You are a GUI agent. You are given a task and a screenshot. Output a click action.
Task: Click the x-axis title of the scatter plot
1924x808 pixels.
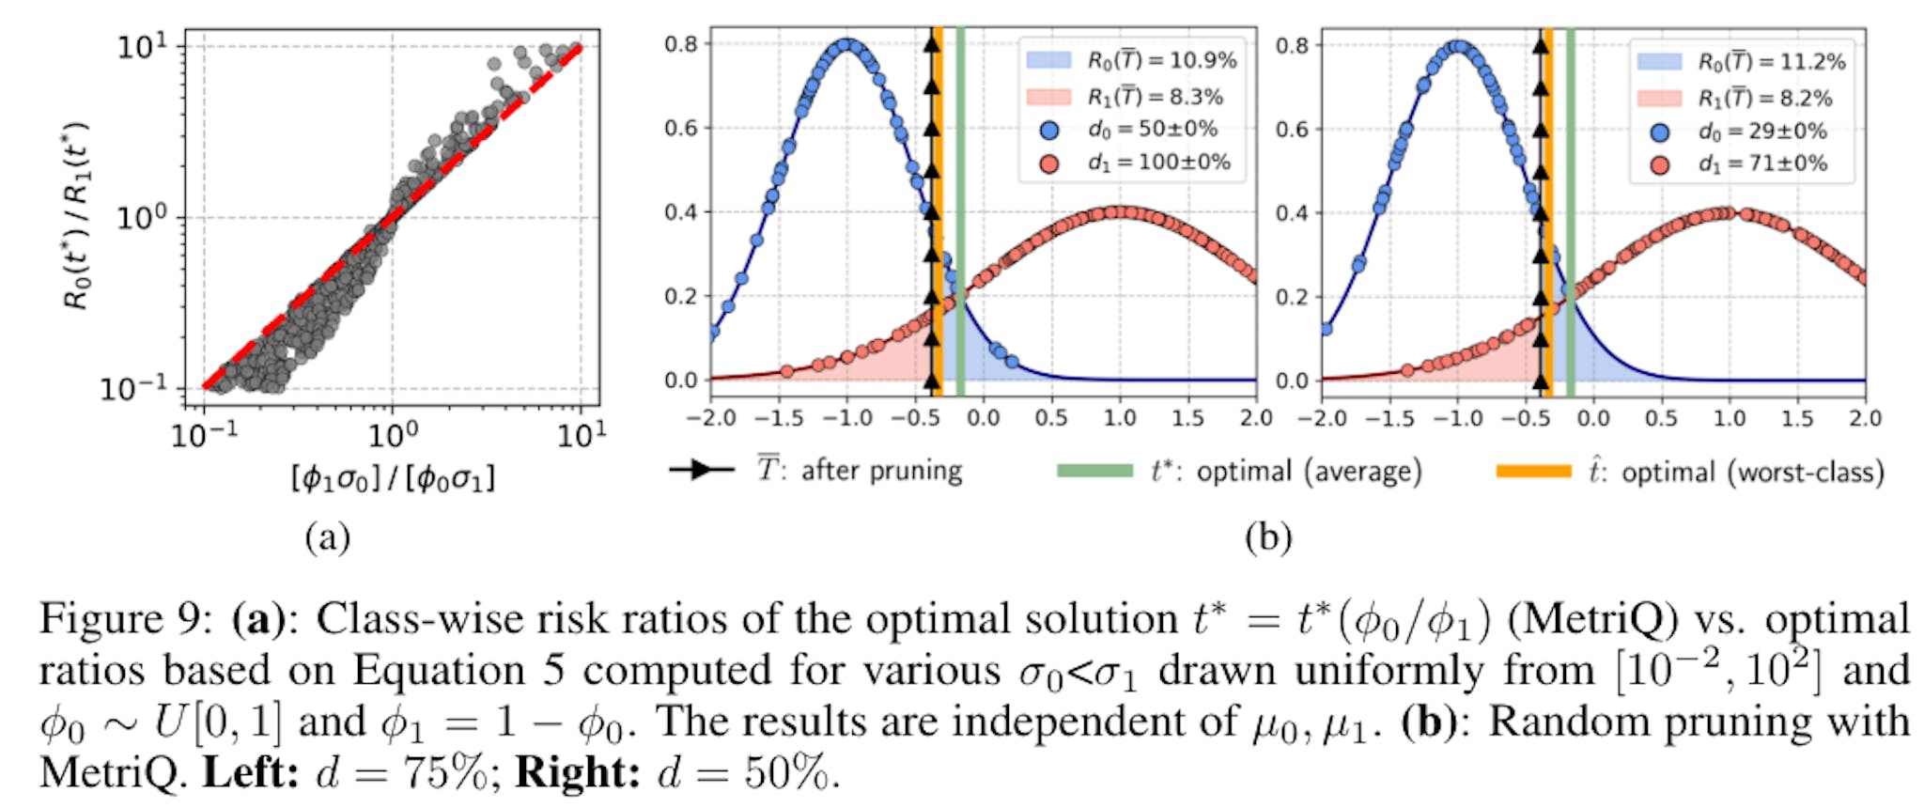pyautogui.click(x=393, y=478)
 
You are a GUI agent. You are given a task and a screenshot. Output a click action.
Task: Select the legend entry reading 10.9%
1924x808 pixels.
pyautogui.click(x=1161, y=61)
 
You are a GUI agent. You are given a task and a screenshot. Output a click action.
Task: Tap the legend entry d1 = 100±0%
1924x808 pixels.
pyautogui.click(x=1158, y=163)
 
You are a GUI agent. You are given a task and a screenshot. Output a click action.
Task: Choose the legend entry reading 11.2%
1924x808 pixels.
pyautogui.click(x=1771, y=62)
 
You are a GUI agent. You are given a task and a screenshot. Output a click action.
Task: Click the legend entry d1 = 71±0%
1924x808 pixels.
pyautogui.click(x=1762, y=164)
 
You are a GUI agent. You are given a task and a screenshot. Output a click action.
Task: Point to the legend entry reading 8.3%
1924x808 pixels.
pyautogui.click(x=1155, y=97)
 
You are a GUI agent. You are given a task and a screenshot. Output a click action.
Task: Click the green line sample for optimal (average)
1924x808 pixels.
pyautogui.click(x=1094, y=470)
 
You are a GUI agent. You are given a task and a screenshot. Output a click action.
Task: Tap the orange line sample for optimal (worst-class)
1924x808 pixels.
pyautogui.click(x=1533, y=471)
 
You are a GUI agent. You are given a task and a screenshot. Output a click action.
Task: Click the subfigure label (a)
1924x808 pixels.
pyautogui.click(x=328, y=537)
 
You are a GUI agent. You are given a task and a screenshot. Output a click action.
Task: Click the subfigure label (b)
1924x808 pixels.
pyautogui.click(x=1268, y=537)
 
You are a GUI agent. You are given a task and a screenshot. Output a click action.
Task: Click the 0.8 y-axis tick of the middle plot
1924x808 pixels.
pyautogui.click(x=681, y=44)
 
